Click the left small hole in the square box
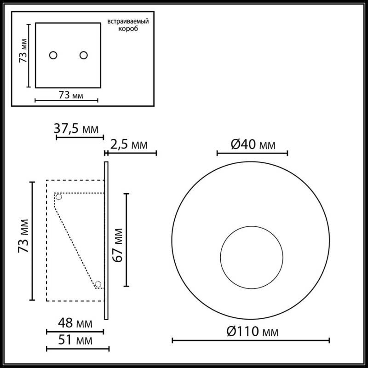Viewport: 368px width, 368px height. point(53,55)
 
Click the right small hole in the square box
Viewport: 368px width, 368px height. point(83,55)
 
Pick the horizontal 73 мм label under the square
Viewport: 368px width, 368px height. point(71,95)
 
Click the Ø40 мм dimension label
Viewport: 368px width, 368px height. point(253,145)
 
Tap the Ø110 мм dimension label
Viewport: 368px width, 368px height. point(253,331)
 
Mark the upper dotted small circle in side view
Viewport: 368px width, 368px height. point(58,197)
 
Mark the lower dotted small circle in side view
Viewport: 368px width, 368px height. point(98,283)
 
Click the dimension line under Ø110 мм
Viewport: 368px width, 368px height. point(251,340)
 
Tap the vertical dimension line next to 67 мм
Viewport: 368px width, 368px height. point(127,240)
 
